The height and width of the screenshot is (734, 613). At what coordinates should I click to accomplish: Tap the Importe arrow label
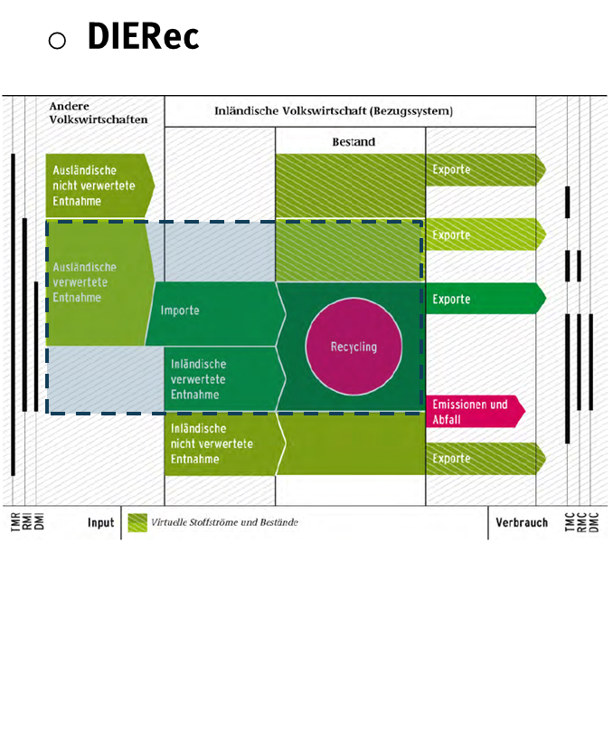(180, 310)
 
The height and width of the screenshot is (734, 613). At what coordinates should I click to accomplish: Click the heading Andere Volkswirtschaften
(99, 112)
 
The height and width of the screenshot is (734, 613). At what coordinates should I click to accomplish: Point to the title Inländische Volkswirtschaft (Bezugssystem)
(334, 112)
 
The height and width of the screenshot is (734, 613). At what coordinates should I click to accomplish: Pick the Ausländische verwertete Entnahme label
(86, 281)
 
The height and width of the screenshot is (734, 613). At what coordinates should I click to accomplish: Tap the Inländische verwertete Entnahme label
(200, 380)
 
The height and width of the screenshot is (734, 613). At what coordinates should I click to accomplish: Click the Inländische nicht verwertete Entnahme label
(212, 443)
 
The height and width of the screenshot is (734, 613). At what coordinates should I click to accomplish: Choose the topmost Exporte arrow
(485, 169)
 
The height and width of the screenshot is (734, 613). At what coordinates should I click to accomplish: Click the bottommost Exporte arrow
(485, 459)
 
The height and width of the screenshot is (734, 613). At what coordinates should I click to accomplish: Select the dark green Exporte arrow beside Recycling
(485, 299)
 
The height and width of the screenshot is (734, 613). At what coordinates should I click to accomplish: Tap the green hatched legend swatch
(137, 522)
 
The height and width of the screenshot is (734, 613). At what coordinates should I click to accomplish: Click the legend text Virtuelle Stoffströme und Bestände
(224, 522)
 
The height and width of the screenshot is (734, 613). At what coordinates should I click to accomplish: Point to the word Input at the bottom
(100, 522)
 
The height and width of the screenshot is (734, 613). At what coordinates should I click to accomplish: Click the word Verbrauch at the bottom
(521, 522)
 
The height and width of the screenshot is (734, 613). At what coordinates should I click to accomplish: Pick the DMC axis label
(594, 523)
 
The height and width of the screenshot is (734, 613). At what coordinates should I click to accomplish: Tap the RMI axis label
(27, 523)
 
